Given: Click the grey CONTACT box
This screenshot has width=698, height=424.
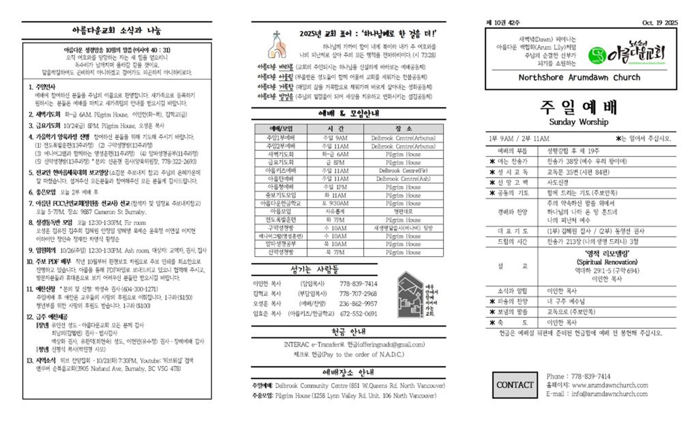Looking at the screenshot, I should tap(515, 385).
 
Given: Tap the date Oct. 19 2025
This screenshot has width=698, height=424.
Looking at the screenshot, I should tap(660, 23).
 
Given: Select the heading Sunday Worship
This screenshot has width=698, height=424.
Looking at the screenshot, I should tap(578, 122).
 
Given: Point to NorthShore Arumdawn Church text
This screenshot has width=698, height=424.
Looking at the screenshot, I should tap(579, 77).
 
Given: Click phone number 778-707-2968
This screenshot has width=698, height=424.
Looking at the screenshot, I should tap(358, 294).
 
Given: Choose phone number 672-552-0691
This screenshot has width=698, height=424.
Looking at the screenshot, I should tap(358, 314).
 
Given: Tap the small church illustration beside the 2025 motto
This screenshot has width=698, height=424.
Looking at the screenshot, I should tap(277, 45).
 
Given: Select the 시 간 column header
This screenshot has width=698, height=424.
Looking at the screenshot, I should tap(335, 129).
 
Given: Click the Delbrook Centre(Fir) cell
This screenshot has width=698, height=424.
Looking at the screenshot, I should tap(403, 171).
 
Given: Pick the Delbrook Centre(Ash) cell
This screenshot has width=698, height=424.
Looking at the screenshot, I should tap(403, 179).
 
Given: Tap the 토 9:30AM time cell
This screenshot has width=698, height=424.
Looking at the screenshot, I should tap(335, 203).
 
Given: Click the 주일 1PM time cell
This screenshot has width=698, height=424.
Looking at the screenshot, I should tap(335, 187).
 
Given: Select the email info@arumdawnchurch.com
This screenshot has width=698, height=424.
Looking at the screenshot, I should tap(609, 394).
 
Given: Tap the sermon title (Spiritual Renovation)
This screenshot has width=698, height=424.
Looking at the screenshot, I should tap(607, 262).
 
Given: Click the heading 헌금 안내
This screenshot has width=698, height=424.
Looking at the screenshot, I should tap(348, 332).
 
